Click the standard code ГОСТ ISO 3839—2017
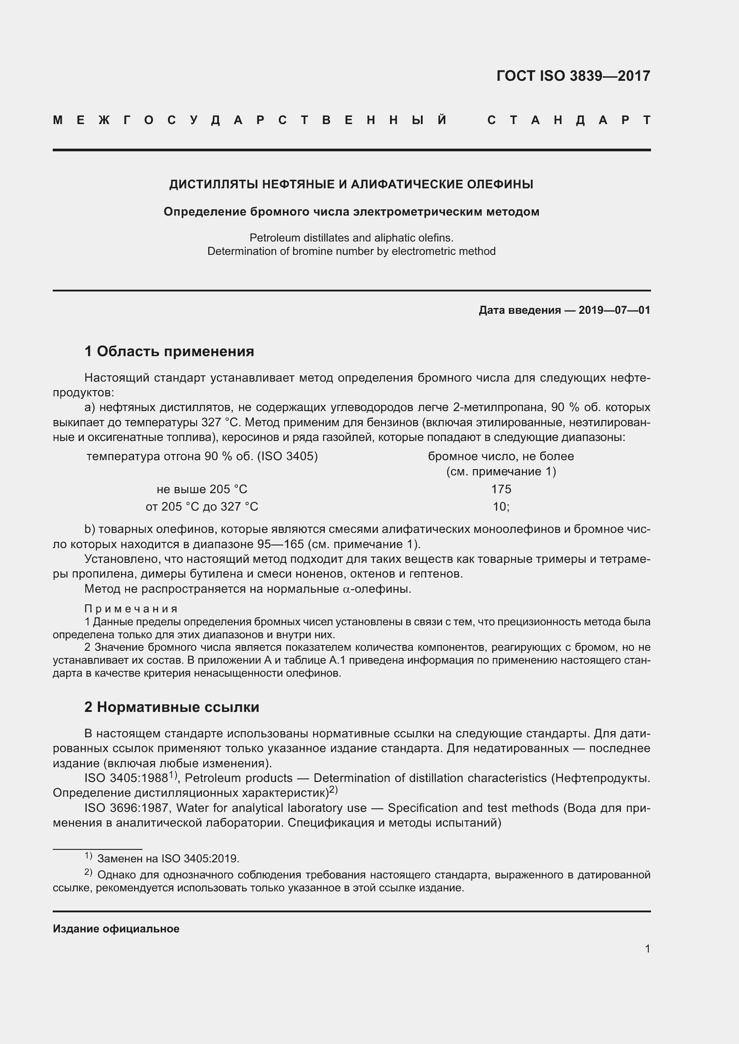click(573, 75)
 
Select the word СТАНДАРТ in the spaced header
click(568, 120)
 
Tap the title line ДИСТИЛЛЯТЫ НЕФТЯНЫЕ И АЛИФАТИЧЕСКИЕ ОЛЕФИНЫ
click(351, 184)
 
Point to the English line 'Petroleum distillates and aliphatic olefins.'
click(351, 237)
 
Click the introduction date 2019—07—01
click(614, 310)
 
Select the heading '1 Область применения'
click(169, 351)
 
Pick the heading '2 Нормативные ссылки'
click(172, 707)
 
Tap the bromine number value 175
click(501, 489)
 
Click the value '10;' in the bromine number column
click(501, 507)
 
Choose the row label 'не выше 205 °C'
click(202, 489)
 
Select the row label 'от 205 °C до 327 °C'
click(202, 507)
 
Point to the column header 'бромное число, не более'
click(501, 456)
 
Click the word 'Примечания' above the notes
click(131, 609)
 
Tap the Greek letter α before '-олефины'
click(345, 589)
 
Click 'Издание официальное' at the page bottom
click(116, 928)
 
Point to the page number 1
click(647, 948)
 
